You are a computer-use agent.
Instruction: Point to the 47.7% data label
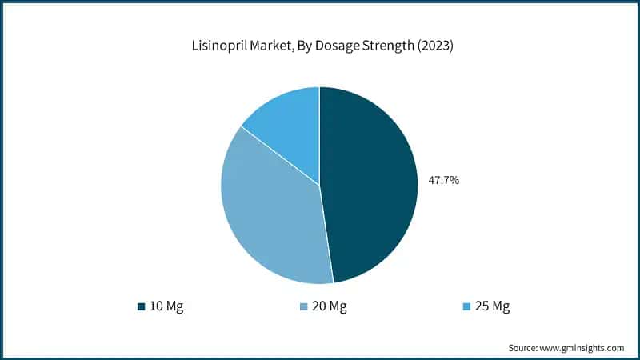[443, 181]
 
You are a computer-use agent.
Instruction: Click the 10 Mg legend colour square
[141, 306]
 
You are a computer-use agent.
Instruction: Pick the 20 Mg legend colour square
[303, 306]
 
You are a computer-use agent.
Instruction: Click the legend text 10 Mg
[166, 306]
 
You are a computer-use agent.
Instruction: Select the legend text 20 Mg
[329, 306]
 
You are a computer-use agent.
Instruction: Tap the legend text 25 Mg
[492, 306]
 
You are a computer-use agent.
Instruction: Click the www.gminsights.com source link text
[583, 348]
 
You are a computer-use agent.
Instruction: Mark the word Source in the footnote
[525, 348]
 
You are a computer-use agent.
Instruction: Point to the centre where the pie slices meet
[319, 185]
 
